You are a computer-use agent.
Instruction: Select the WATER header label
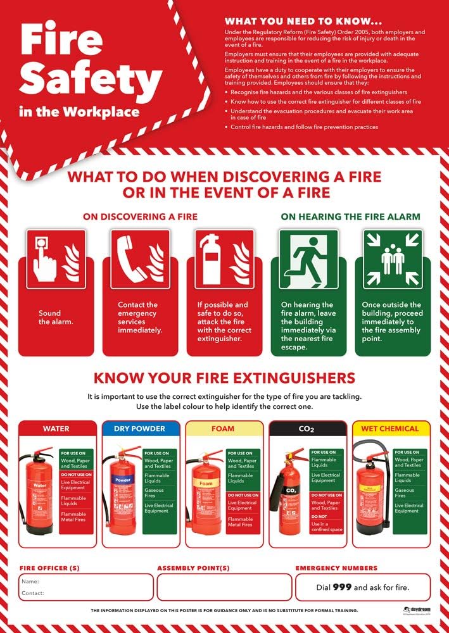[56, 429]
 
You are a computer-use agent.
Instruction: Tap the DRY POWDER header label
[140, 429]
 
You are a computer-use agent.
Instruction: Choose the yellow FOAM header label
[224, 429]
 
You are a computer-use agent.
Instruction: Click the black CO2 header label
[307, 429]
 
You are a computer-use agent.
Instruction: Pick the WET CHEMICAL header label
[390, 429]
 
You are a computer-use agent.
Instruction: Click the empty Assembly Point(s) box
[224, 587]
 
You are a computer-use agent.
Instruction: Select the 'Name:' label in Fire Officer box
[30, 581]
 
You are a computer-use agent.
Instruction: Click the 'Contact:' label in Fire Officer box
[33, 593]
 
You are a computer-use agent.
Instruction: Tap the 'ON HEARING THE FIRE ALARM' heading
[350, 216]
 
